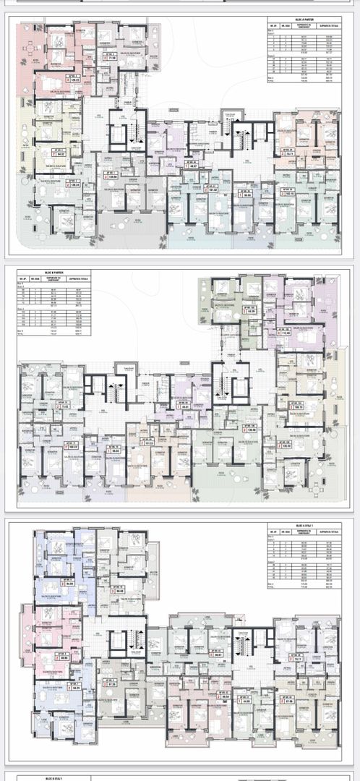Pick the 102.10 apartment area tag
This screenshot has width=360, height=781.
click(x=288, y=193)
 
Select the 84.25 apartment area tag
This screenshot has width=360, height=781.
click(x=71, y=688)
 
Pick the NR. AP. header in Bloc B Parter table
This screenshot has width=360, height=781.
click(x=22, y=279)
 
